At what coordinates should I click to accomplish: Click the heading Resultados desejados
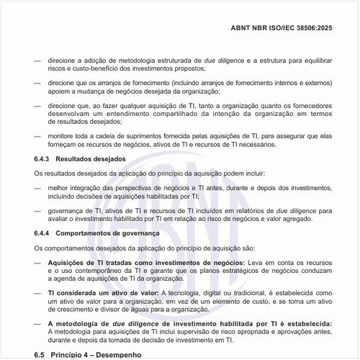(x=91, y=158)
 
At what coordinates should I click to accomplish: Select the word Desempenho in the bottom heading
(x=132, y=356)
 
